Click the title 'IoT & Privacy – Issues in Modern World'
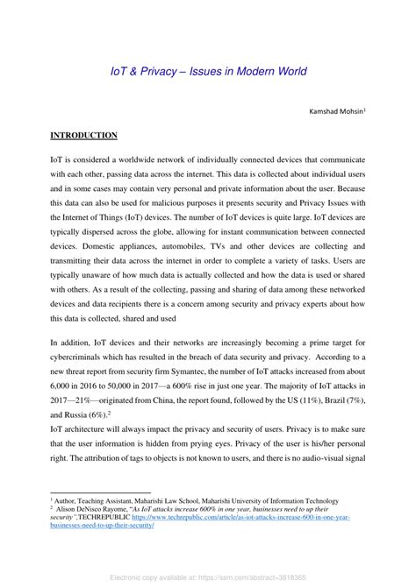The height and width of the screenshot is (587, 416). [x=207, y=71]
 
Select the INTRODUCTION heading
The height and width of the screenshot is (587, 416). [x=83, y=136]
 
